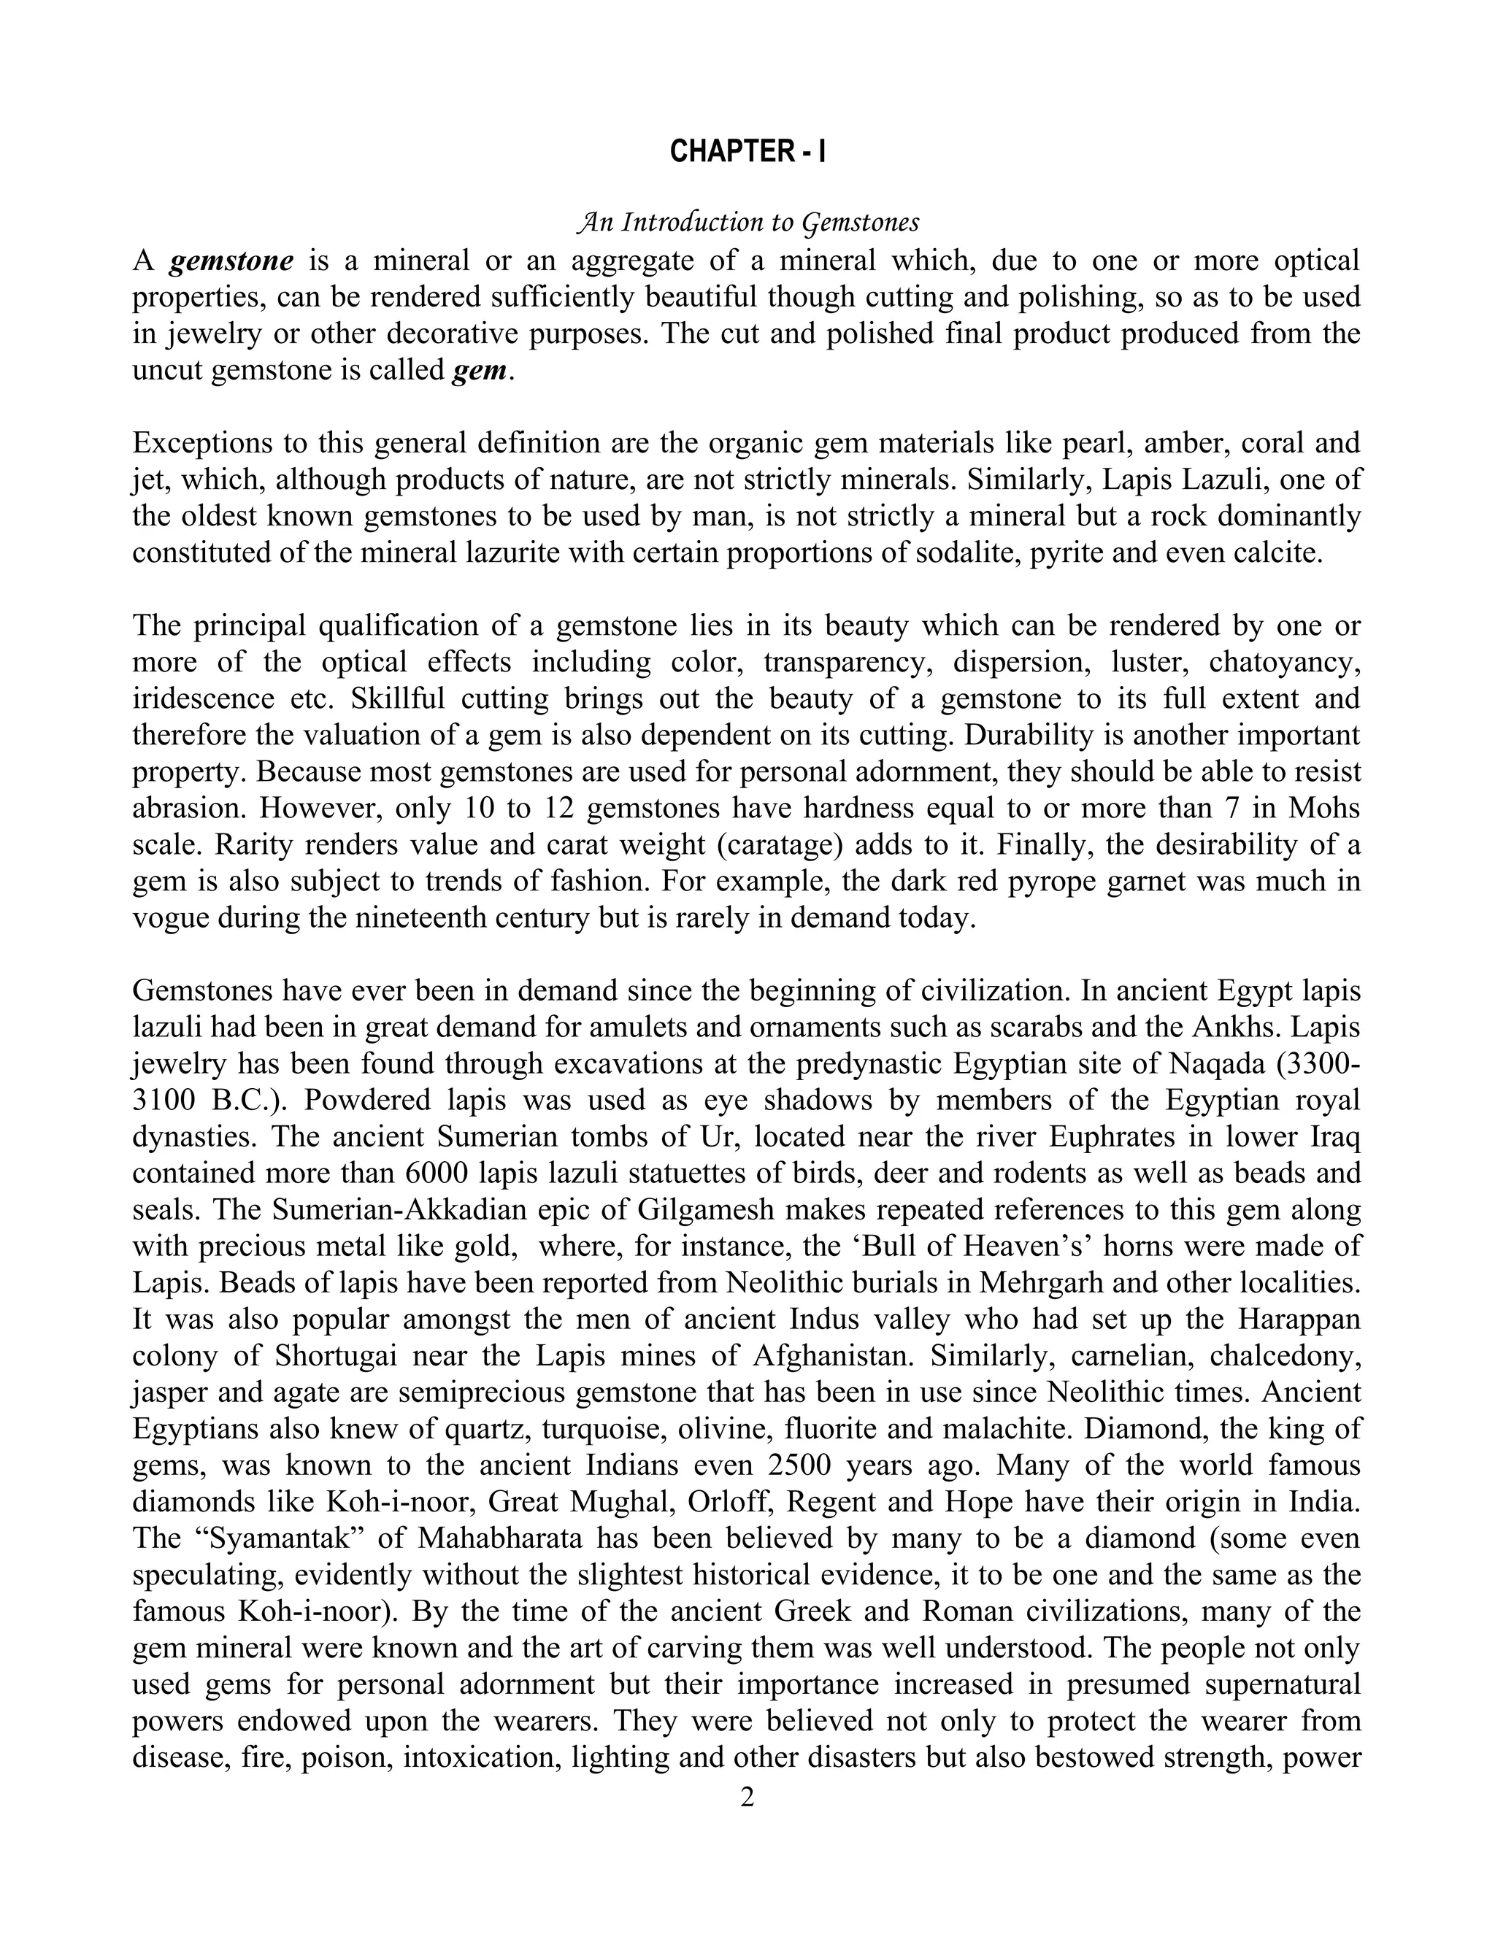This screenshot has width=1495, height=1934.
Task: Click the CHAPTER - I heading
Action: (x=747, y=153)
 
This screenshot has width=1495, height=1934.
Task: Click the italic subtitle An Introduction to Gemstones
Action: (x=747, y=223)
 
